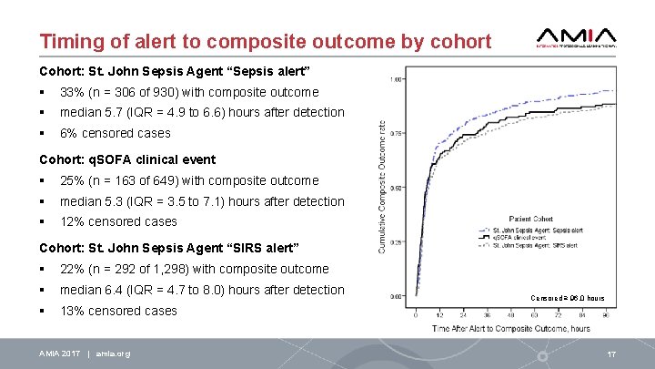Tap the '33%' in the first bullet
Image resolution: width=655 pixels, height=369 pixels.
pos(72,92)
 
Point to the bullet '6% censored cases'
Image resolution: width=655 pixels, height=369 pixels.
pos(115,133)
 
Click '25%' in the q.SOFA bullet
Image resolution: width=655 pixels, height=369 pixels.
pos(72,180)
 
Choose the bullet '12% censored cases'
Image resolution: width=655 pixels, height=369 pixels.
pos(118,221)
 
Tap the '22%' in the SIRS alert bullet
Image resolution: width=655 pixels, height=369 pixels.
pos(72,269)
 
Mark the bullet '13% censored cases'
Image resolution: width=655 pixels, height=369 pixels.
pos(118,311)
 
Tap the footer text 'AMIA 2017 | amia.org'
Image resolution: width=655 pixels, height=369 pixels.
pos(85,354)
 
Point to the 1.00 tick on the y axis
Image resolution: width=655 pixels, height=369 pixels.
pos(397,79)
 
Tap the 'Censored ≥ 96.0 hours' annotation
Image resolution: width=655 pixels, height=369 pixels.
pos(569,298)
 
